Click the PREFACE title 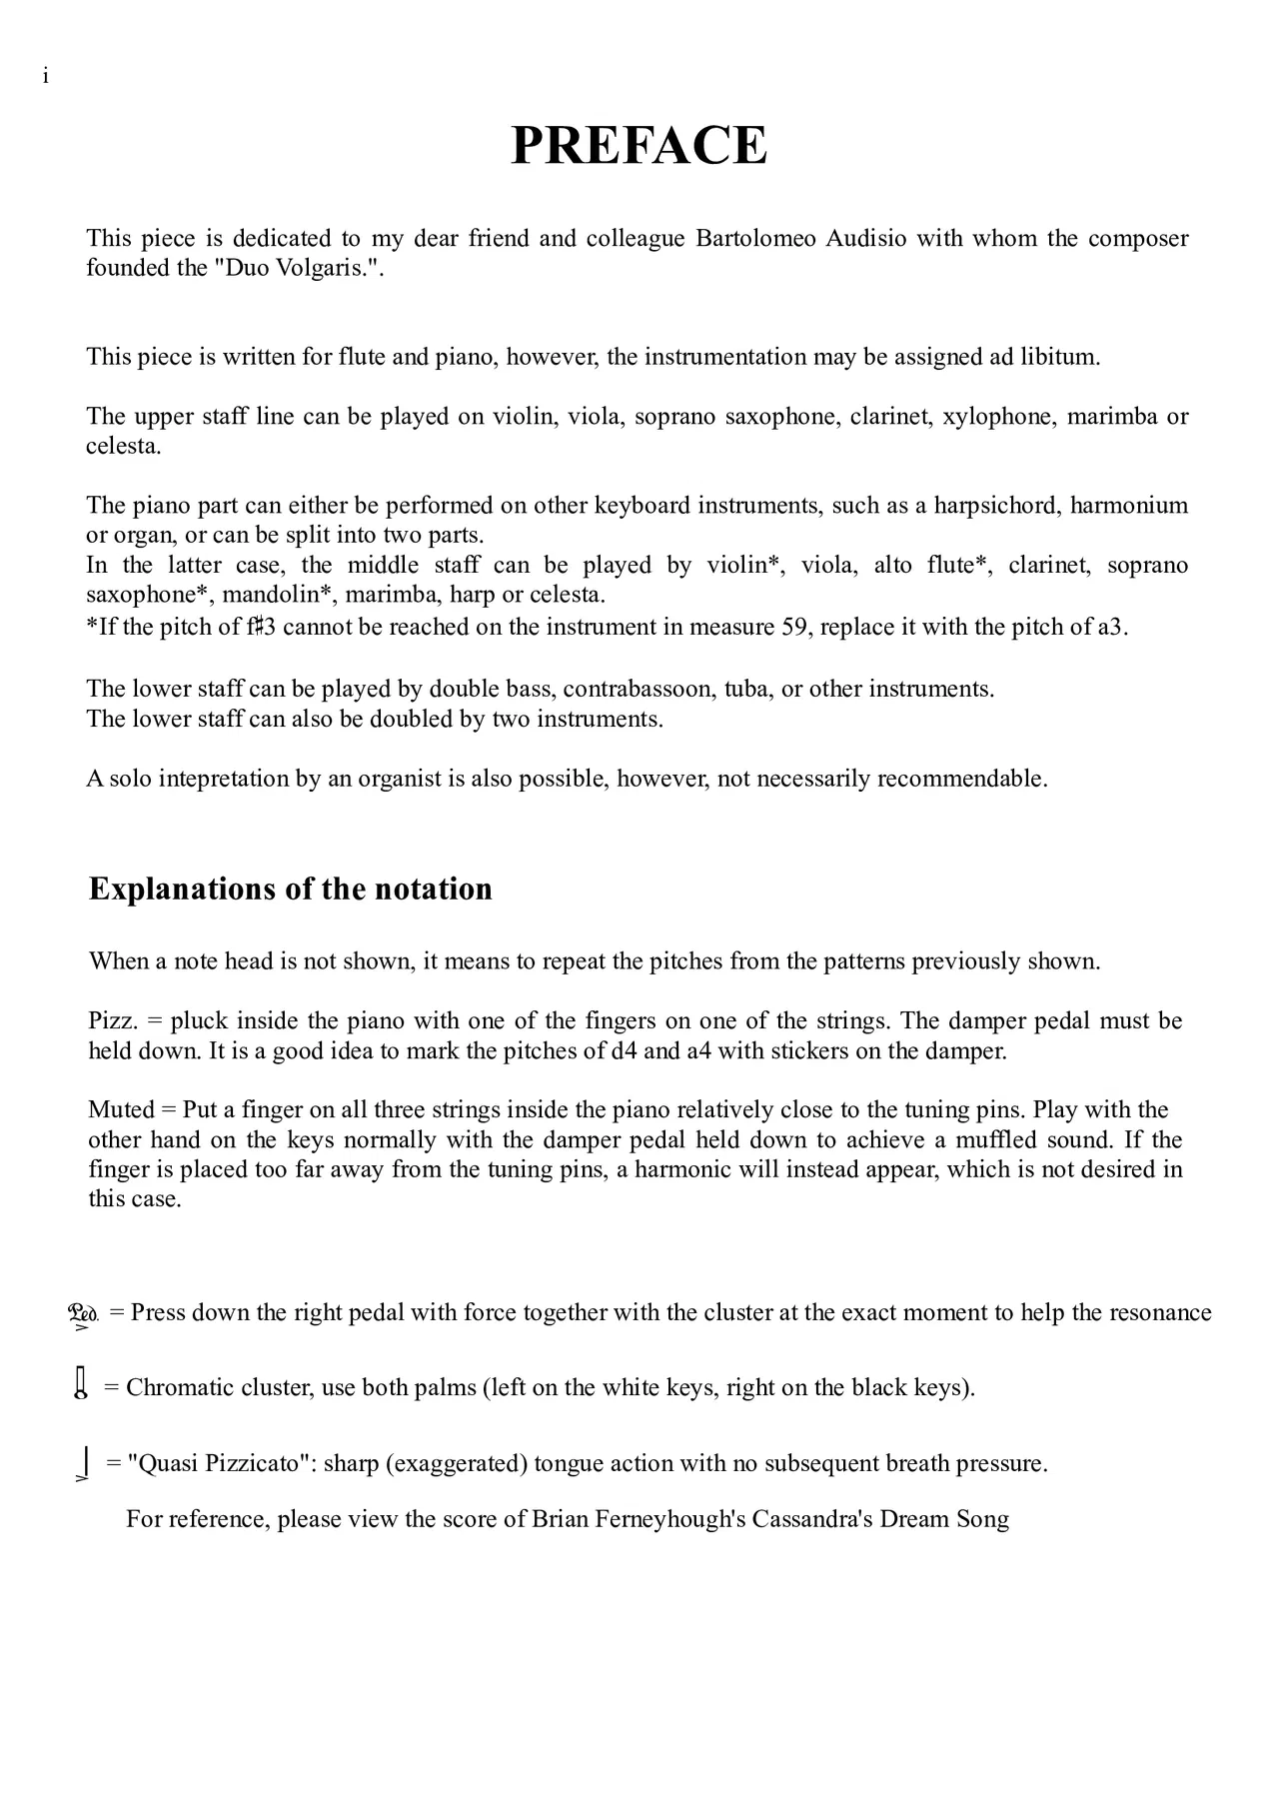tap(639, 146)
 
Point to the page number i tap(46, 77)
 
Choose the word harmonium tap(1129, 506)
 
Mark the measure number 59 tap(794, 628)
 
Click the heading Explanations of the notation tap(290, 890)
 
